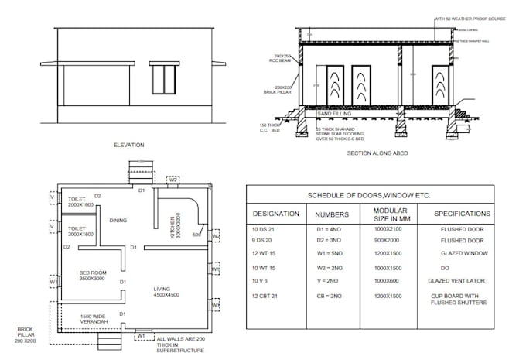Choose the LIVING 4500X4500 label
tap(166, 291)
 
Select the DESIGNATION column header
tap(275, 213)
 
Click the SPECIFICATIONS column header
tap(462, 213)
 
